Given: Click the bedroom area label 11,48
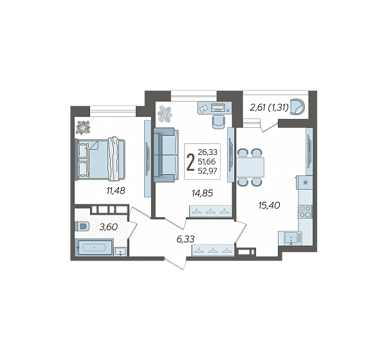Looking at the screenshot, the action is point(116,190).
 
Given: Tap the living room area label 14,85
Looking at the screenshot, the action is point(202,193).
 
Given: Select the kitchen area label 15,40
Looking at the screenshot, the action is point(269,205).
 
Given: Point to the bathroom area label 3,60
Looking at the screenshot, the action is point(108,227).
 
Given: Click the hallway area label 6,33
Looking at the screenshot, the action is point(186,239).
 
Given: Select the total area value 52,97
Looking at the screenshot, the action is point(208,171).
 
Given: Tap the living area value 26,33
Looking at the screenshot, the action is point(208,152).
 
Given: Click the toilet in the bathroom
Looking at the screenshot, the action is point(82,226).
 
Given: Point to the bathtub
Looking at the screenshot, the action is point(95,247).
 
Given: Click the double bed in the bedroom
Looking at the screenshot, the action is point(100,159).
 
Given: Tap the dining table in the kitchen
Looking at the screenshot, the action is point(250,167).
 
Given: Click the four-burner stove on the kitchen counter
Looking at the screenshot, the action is point(305,212).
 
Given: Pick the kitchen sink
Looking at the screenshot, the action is point(291,239).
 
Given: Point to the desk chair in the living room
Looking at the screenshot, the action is point(218,122).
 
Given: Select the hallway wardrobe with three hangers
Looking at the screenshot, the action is point(213,251).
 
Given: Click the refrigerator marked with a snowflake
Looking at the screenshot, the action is point(305,183).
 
